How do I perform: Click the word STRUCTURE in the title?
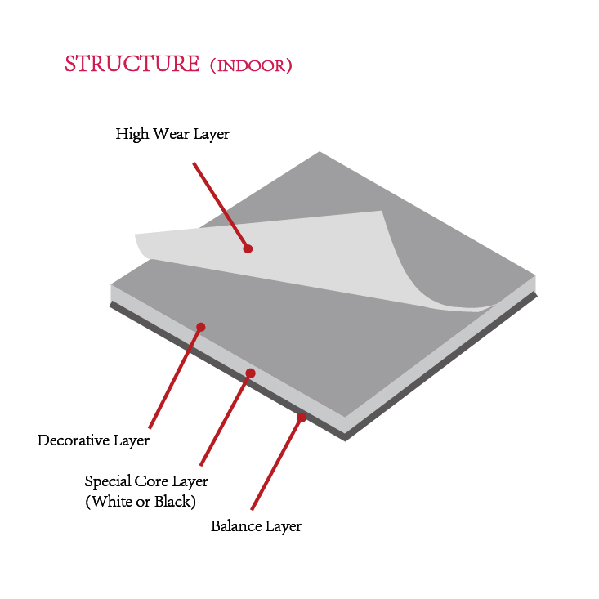[132, 65]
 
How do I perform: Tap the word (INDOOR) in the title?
[250, 66]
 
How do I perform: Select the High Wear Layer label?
[172, 134]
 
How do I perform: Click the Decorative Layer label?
[93, 441]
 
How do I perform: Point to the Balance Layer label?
[256, 526]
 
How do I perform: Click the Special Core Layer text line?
[146, 481]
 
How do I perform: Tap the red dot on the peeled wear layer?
[248, 248]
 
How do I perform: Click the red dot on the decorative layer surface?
[201, 327]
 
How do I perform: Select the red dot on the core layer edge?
[251, 373]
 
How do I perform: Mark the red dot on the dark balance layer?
[302, 418]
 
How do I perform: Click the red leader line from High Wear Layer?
[220, 204]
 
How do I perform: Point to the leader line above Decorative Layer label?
[175, 377]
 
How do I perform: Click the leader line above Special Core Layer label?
[226, 419]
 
